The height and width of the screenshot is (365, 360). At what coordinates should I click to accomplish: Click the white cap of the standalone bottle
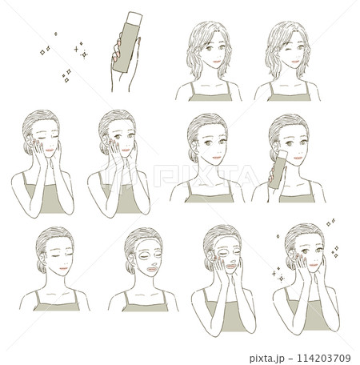pos(135,18)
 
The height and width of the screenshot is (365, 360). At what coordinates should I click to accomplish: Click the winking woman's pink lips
pos(295,62)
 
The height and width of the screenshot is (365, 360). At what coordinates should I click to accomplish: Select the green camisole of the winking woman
pos(290,96)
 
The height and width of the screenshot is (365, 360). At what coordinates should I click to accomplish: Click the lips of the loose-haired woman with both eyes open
pos(217,62)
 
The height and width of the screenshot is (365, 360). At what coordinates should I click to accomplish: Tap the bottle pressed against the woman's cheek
pos(278,170)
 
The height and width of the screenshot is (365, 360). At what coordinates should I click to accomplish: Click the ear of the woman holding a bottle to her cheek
pos(275,146)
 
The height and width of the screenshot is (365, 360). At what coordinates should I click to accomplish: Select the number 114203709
pos(324,358)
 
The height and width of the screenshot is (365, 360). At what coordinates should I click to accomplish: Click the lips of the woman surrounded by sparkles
pos(314,265)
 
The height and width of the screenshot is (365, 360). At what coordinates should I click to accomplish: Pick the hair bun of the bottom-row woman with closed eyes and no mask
pos(41,267)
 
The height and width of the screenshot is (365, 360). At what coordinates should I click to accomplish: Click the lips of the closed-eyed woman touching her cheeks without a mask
pos(50,150)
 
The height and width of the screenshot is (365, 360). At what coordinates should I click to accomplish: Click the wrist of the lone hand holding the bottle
pos(122,82)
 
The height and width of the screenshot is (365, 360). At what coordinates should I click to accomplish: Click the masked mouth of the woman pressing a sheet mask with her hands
pos(231,267)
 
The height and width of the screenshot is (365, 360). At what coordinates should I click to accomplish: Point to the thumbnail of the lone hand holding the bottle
pos(139,40)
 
